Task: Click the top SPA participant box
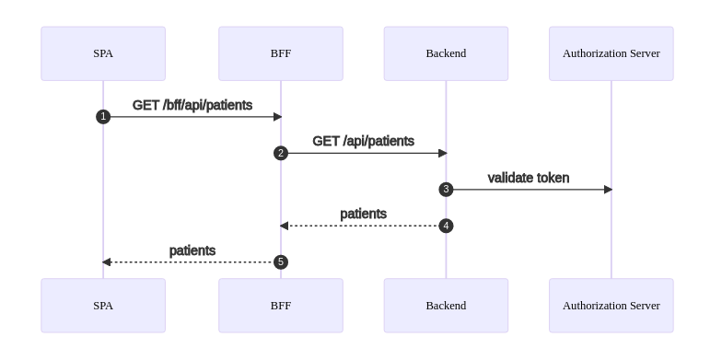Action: click(x=103, y=53)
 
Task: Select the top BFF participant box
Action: click(x=281, y=53)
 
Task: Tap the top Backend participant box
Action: click(x=446, y=53)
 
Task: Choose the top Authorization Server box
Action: click(x=611, y=53)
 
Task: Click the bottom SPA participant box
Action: click(x=103, y=305)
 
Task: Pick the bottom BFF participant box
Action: click(x=281, y=305)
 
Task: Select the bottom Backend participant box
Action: click(x=446, y=305)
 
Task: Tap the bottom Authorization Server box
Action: click(x=611, y=305)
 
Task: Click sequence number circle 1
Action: click(x=103, y=117)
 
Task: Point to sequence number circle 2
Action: click(x=281, y=153)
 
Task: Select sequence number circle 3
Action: click(x=446, y=190)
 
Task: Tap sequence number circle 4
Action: click(x=446, y=226)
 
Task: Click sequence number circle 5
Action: click(x=281, y=262)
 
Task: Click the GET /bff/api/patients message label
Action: click(x=192, y=105)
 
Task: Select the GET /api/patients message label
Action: click(x=364, y=141)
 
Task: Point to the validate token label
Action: click(x=529, y=178)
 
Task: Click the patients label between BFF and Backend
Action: click(x=364, y=214)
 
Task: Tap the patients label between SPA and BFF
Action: click(x=192, y=250)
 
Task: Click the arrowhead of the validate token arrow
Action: click(x=608, y=190)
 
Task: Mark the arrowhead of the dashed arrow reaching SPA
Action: click(x=107, y=262)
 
